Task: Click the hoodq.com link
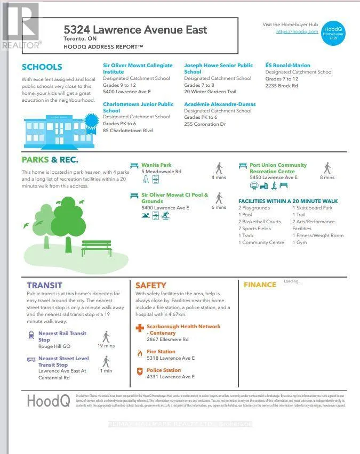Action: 297,31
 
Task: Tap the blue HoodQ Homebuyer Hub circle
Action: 333,33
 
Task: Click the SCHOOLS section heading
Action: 42,67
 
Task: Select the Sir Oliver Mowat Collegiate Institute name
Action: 137,68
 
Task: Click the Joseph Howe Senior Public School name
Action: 218,68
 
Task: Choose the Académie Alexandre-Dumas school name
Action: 219,104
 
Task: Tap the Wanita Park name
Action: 156,165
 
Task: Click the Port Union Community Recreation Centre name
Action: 278,168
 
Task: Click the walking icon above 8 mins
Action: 327,168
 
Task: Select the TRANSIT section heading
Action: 44,285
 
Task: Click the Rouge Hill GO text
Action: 54,346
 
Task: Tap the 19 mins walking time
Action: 106,346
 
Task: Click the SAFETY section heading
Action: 150,285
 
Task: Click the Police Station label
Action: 164,370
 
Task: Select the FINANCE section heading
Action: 260,285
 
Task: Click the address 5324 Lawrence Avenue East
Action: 135,30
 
